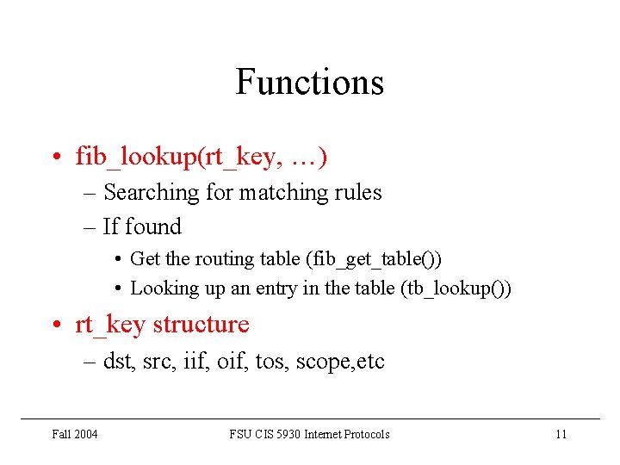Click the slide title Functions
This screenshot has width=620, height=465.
pos(309,83)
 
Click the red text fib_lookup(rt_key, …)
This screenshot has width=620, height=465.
pos(201,157)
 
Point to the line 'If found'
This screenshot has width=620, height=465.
pos(142,226)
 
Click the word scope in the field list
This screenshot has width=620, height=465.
pos(319,362)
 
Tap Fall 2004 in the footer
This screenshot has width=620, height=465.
pos(74,434)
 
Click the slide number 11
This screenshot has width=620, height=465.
pos(561,434)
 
